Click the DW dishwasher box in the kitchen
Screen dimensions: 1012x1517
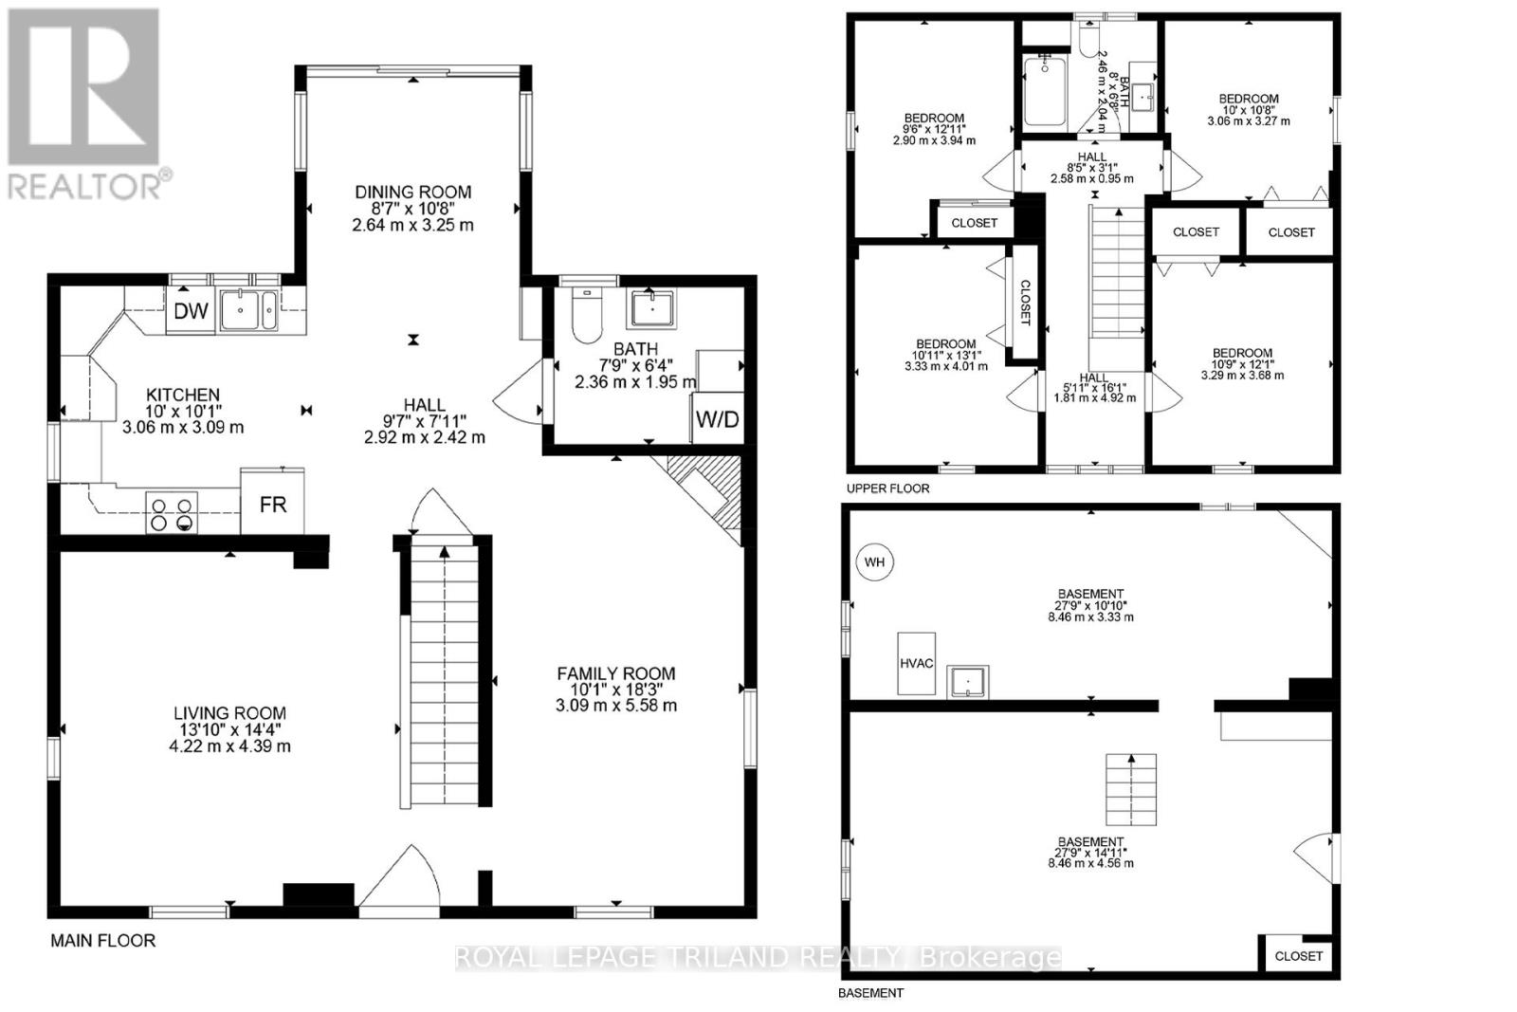pos(191,312)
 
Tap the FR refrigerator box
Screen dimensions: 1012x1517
pos(273,504)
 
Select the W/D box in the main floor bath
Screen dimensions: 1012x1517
pos(718,418)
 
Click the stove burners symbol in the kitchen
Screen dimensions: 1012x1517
pos(172,513)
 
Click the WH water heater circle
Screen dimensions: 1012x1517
pos(874,562)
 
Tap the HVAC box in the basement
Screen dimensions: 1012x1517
pos(917,663)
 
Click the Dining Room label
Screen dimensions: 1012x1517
pos(412,193)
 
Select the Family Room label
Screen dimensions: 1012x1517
pos(616,673)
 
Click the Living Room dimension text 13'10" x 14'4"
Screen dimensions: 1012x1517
pos(229,729)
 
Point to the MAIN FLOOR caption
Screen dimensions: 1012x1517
pos(102,941)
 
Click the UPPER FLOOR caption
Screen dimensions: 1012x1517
pos(888,488)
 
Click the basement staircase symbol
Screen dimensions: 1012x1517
pos(1132,790)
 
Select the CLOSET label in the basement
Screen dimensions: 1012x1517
pos(1298,956)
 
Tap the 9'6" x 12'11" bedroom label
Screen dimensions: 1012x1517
pos(934,128)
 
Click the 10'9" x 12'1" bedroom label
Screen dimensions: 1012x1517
pos(1242,363)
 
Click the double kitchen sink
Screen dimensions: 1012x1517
pos(249,310)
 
